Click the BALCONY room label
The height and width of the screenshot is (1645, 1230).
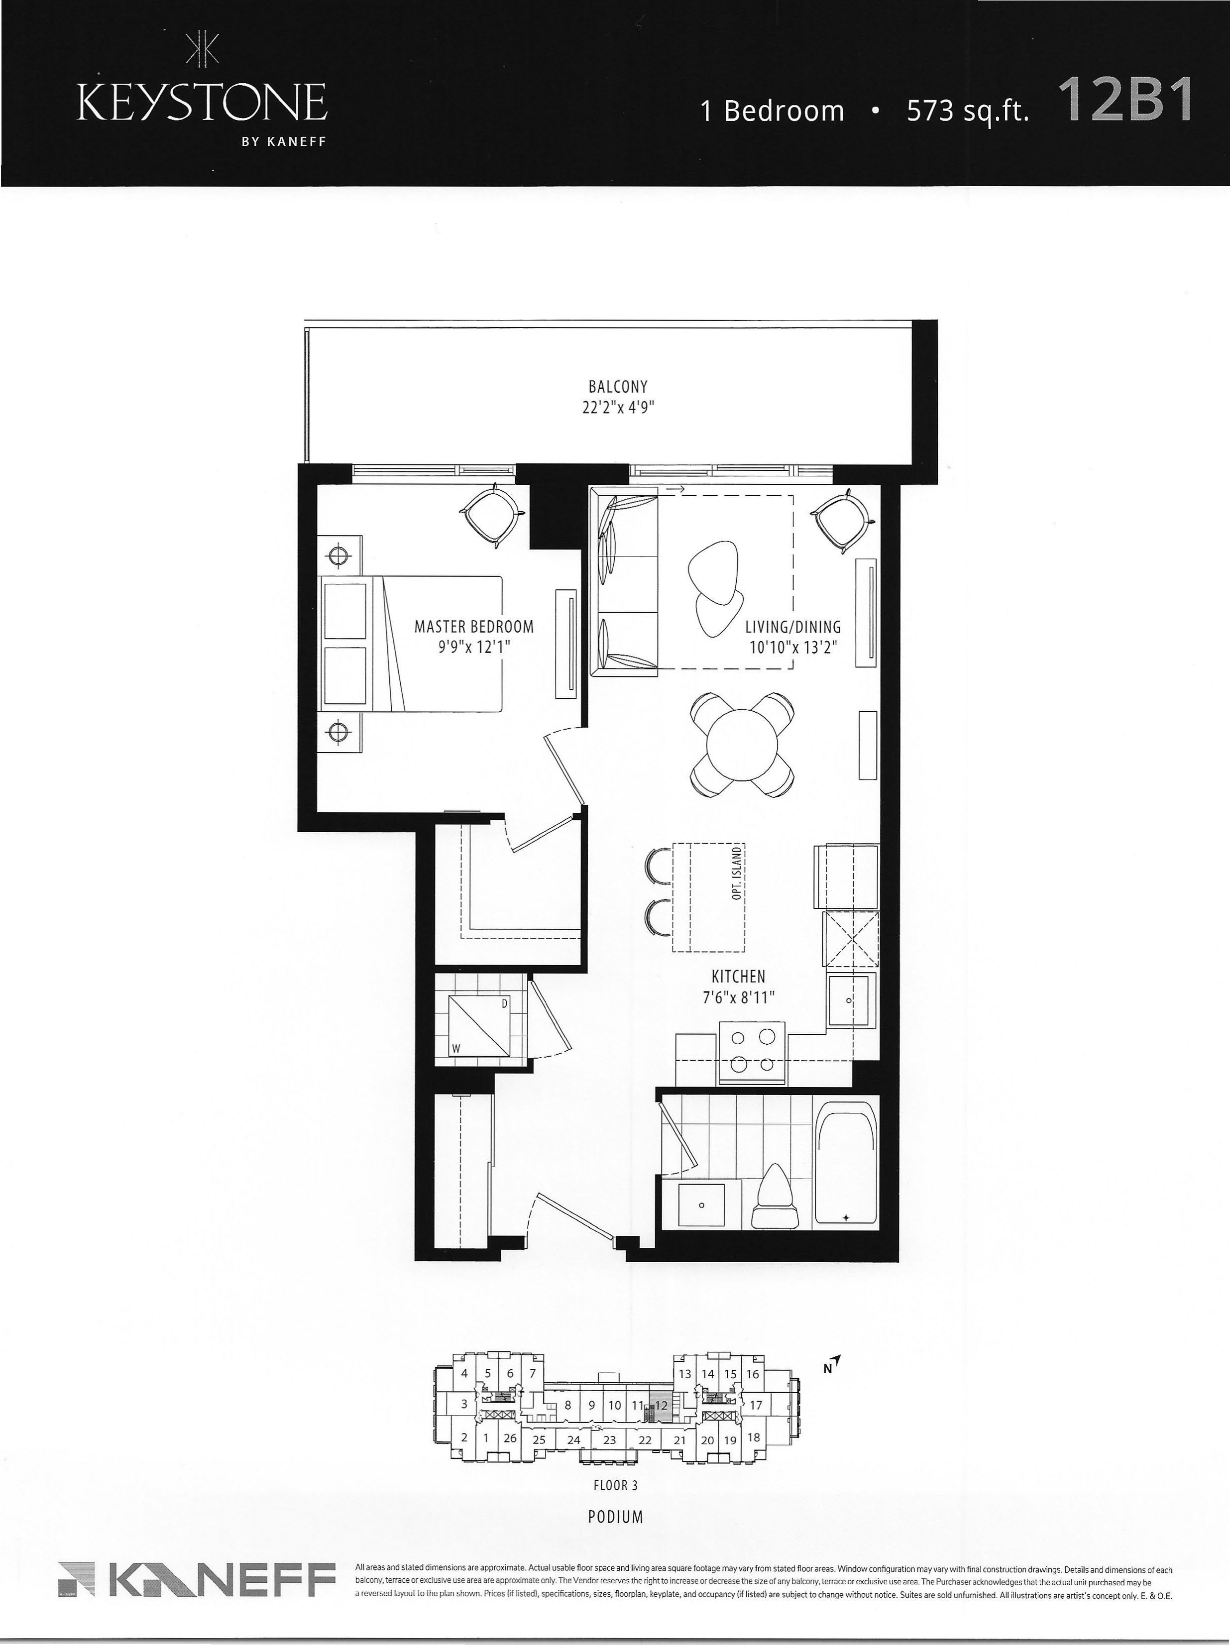(617, 387)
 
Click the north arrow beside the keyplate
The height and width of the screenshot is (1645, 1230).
(834, 1360)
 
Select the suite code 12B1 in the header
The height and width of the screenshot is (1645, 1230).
(1124, 99)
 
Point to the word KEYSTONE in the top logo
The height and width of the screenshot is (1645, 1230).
(202, 103)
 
